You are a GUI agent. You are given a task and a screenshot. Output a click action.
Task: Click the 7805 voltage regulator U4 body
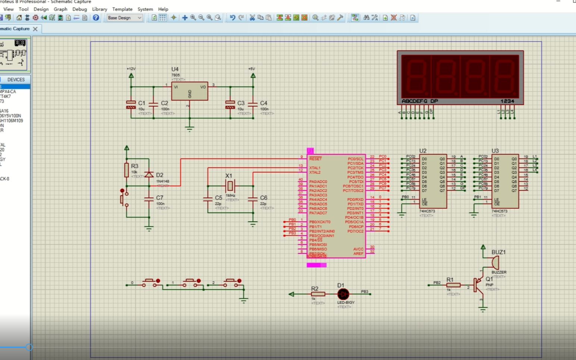(189, 91)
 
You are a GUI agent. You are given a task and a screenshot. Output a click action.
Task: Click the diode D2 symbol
(149, 174)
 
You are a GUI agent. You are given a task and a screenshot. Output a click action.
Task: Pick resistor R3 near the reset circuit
(127, 170)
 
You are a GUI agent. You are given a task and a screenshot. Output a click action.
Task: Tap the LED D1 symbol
(343, 294)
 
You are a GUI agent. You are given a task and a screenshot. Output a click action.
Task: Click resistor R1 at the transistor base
(453, 285)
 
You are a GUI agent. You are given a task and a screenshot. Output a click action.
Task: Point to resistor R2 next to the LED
(318, 294)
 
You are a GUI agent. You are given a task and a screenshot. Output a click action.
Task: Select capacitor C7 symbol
(149, 199)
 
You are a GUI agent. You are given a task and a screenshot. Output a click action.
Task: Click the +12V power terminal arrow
(131, 75)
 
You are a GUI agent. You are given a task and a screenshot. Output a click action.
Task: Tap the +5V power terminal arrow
(253, 75)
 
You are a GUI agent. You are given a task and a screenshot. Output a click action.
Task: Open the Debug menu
(79, 9)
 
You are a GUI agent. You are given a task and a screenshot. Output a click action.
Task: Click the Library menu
(100, 9)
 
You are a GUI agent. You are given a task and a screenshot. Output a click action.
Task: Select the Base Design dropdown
(125, 18)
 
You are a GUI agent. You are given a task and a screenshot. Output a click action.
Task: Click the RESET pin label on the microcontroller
(315, 159)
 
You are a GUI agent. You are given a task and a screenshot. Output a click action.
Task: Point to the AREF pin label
(358, 253)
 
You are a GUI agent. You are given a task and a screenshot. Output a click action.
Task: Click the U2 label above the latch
(423, 151)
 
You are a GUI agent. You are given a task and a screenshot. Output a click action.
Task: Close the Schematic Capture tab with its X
(35, 29)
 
